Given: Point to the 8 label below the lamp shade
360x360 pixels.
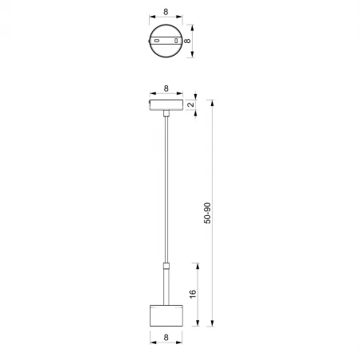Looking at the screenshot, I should tap(166, 338).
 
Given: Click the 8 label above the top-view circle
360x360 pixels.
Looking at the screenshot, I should tap(166, 14).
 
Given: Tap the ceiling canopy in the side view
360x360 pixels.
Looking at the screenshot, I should tap(166, 104).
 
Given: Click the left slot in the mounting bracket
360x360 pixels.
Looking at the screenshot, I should tap(158, 40).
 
